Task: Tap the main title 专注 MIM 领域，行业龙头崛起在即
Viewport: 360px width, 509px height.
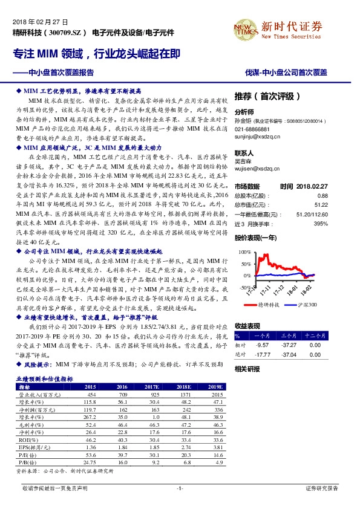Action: tap(96, 54)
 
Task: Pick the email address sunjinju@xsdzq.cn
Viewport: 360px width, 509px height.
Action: tap(257, 137)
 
